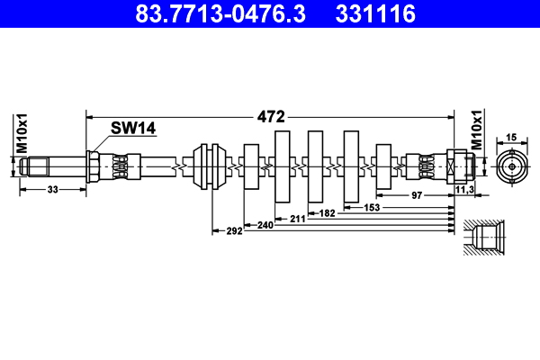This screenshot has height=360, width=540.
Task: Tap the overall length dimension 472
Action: tap(270, 117)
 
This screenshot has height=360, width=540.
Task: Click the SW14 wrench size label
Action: tap(133, 129)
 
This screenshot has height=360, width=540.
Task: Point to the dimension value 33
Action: tap(51, 190)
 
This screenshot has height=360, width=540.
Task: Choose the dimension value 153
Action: tap(371, 207)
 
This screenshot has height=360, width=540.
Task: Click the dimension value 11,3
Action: tap(464, 190)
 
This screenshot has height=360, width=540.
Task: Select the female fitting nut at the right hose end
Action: tap(461, 166)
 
